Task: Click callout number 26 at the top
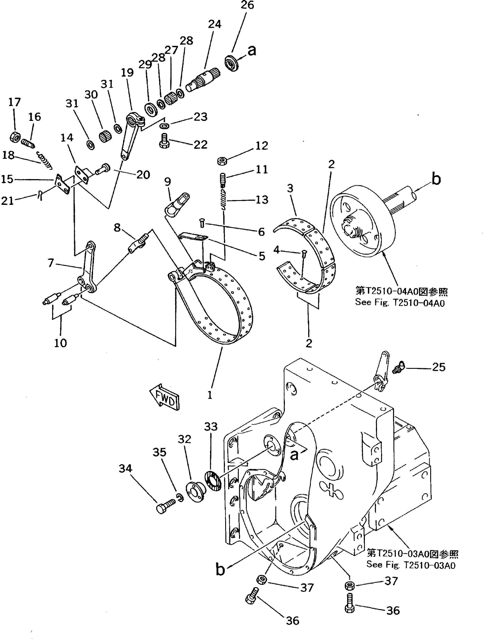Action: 247,5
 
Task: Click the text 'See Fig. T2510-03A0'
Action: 411,565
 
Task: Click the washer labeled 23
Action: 165,126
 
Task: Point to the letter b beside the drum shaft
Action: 436,179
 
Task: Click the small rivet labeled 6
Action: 202,223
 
